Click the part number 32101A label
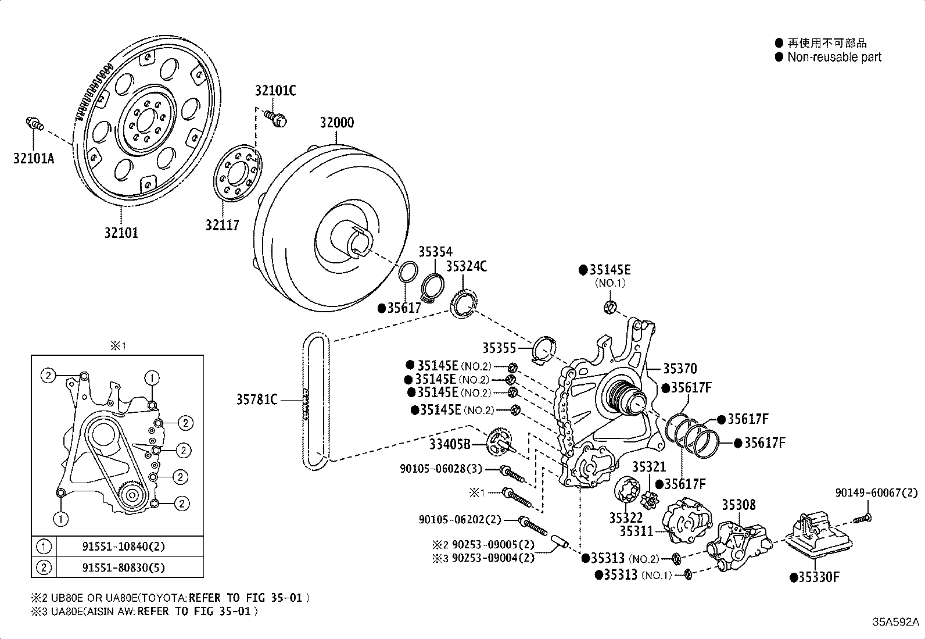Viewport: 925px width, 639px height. click(x=33, y=158)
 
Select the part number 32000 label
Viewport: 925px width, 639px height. click(x=336, y=123)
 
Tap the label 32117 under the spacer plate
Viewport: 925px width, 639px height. click(x=222, y=225)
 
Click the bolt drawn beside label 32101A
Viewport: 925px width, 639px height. click(x=35, y=123)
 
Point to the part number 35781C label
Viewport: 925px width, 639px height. click(x=256, y=399)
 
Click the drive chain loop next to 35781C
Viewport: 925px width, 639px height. click(x=317, y=401)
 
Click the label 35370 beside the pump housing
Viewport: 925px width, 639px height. click(x=680, y=368)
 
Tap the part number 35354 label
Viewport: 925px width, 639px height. click(x=435, y=251)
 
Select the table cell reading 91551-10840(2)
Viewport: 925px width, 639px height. click(x=124, y=546)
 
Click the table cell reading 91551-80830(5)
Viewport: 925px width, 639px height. click(x=124, y=567)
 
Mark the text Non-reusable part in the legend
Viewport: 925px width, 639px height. click(x=834, y=57)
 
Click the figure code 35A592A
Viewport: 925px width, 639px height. click(x=895, y=621)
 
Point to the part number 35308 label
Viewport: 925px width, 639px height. click(x=738, y=505)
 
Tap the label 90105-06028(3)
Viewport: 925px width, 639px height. click(x=441, y=469)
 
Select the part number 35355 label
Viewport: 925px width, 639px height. click(x=499, y=348)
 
